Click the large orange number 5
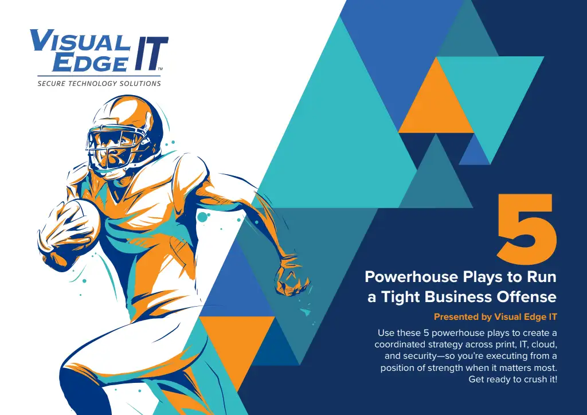(526, 228)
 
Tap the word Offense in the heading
(527, 297)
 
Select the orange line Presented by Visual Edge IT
(495, 316)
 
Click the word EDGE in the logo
(89, 62)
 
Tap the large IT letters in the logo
(149, 53)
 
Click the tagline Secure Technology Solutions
(99, 84)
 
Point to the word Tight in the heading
(399, 297)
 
